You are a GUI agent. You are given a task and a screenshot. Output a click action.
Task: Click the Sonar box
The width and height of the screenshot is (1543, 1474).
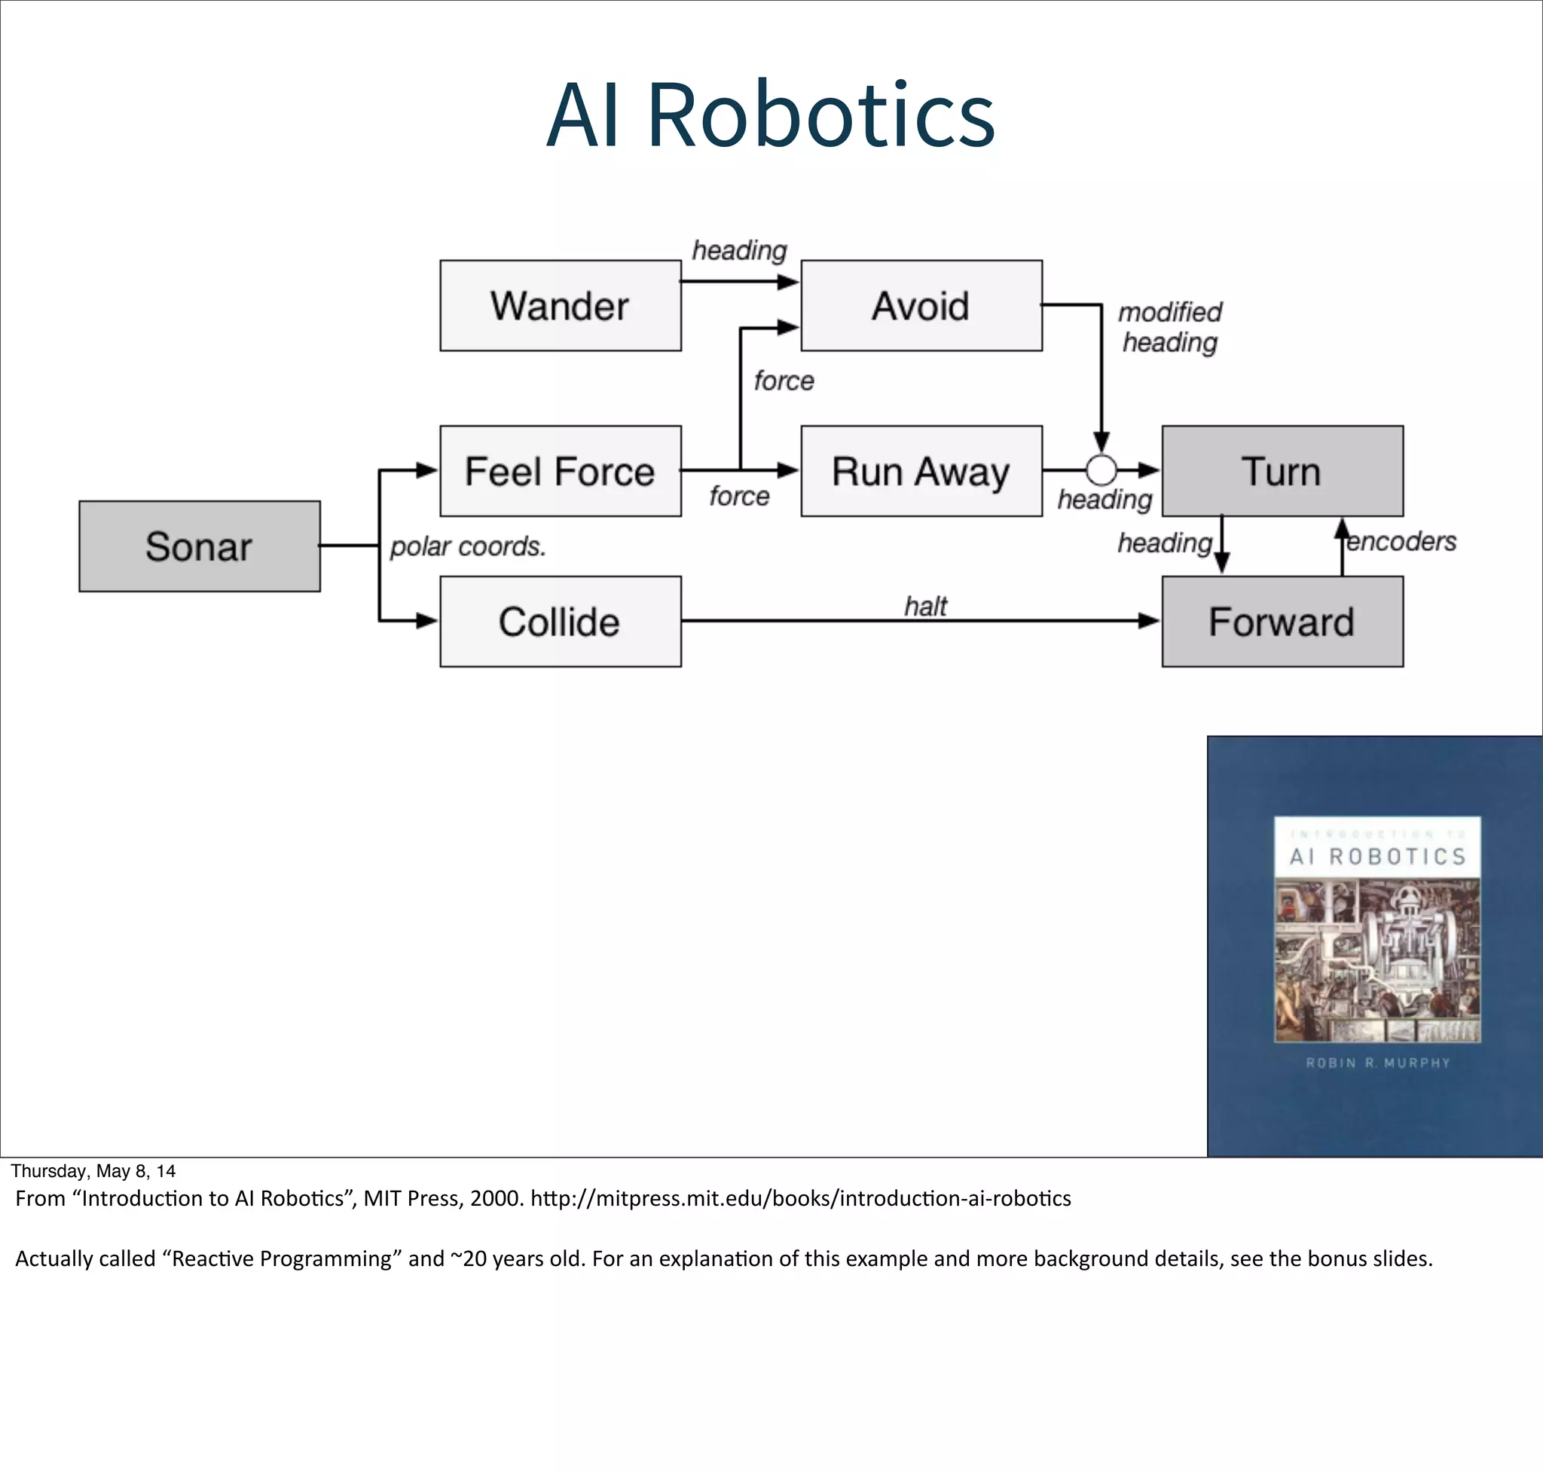(x=200, y=546)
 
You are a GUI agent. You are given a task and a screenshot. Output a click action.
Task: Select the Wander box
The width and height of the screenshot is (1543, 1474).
(x=560, y=306)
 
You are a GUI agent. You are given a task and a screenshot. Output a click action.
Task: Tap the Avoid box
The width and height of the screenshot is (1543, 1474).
(x=921, y=306)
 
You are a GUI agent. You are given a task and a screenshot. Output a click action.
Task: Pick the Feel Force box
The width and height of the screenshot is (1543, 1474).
(x=560, y=472)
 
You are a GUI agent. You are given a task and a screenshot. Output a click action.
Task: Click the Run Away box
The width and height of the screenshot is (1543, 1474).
(x=921, y=472)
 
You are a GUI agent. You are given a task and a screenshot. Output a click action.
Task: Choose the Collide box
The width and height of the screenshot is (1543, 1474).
(x=560, y=622)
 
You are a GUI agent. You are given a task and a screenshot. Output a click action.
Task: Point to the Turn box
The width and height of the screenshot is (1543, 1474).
(x=1282, y=472)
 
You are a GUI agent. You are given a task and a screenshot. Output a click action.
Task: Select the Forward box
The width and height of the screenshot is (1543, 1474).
(x=1282, y=622)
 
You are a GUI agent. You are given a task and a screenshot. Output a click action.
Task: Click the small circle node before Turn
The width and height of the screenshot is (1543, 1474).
(x=1101, y=470)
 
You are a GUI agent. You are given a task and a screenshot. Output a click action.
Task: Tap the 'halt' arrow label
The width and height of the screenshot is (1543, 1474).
(x=925, y=606)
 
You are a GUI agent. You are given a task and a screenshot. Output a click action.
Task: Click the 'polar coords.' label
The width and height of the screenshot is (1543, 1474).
(x=467, y=546)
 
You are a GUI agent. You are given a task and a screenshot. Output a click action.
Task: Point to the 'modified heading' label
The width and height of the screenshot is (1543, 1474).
(x=1170, y=327)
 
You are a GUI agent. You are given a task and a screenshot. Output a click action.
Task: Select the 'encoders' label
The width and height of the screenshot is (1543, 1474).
(x=1401, y=541)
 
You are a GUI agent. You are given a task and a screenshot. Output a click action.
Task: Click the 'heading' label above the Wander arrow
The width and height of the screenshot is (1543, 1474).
(x=738, y=251)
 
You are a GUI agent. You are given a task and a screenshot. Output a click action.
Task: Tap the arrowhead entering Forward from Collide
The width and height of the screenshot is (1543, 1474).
(x=1150, y=621)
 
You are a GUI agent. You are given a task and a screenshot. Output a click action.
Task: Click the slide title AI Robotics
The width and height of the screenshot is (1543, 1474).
(x=771, y=115)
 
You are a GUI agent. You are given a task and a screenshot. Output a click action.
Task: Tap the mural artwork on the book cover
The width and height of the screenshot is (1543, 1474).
(x=1377, y=960)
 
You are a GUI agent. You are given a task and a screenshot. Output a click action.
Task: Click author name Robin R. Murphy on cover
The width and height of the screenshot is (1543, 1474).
(x=1377, y=1063)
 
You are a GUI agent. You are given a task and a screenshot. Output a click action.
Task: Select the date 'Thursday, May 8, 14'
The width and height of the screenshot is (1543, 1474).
(x=93, y=1171)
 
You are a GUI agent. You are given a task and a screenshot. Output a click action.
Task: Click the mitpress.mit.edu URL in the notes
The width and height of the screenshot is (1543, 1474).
(x=800, y=1198)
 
